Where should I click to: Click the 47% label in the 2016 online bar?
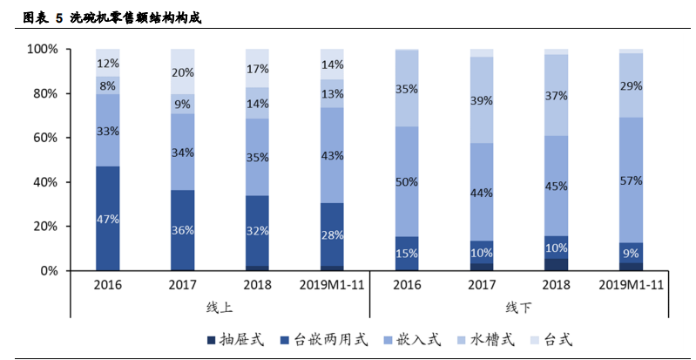(x=108, y=220)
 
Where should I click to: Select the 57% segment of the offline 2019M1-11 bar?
(x=632, y=181)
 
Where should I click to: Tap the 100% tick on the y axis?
(x=42, y=50)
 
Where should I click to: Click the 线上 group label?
(x=220, y=307)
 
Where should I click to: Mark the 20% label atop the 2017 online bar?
(x=183, y=72)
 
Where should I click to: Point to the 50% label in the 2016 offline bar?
(x=407, y=181)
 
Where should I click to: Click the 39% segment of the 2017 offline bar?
(x=482, y=100)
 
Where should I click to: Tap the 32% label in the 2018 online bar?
(x=257, y=232)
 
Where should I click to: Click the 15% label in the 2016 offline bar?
(x=407, y=254)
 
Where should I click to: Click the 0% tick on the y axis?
(x=49, y=271)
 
